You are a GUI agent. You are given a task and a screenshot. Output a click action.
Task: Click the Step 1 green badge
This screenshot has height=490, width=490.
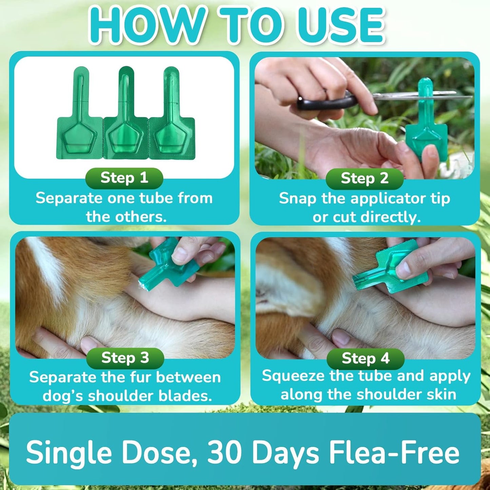point(124,178)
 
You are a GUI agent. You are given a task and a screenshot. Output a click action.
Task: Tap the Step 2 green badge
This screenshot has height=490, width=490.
point(365,179)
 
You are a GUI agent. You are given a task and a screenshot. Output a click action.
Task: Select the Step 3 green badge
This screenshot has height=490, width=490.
point(125,358)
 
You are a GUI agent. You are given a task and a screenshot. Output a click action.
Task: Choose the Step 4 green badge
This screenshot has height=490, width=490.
point(366,359)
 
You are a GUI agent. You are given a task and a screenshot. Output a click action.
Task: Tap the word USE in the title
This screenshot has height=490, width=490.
point(342,25)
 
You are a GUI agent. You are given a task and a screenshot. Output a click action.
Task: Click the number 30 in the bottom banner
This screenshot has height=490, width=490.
point(224,453)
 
